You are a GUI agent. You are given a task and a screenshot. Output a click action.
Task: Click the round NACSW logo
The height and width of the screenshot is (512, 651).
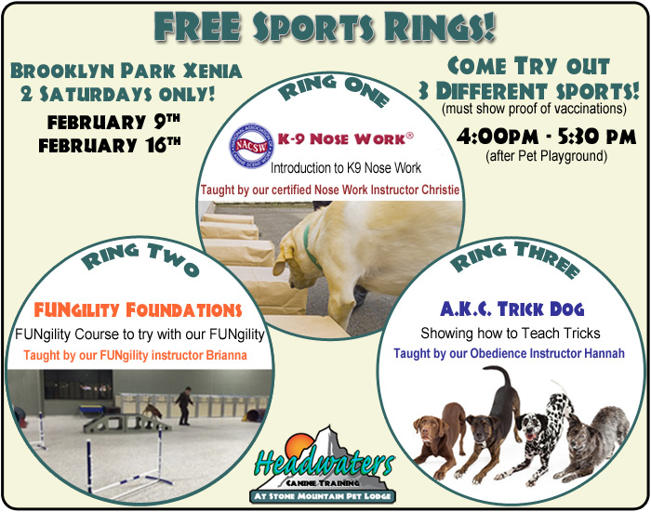coord(252,146)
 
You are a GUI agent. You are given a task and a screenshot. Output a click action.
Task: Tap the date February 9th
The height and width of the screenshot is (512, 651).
coord(113,122)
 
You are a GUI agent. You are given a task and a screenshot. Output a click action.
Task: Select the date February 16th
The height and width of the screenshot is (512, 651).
coord(110,145)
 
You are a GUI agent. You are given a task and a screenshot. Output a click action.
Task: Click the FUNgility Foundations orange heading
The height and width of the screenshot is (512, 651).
coord(138,310)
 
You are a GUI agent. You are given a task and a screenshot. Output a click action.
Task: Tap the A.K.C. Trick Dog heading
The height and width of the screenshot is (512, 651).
coord(511,309)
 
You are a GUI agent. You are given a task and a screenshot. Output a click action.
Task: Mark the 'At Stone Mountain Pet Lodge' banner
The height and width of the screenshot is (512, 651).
coord(323,496)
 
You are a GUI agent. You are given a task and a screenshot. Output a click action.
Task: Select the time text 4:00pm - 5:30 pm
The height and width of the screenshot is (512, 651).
coord(547,137)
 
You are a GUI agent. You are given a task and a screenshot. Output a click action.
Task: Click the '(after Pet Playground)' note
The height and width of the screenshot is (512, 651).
coord(547,156)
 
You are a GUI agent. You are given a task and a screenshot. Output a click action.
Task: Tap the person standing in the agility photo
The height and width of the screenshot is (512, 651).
coord(183,405)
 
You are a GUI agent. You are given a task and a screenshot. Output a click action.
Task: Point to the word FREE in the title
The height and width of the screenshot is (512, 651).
coord(197,27)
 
